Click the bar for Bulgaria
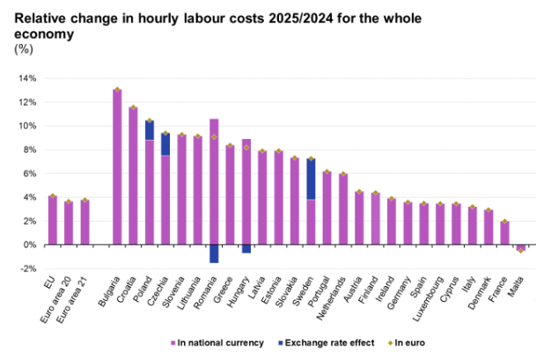coord(117,167)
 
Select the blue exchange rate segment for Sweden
coord(311,180)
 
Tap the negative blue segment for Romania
coord(214,253)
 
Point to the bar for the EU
coord(53,220)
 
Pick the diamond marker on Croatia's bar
coord(133,108)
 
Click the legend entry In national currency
coord(220,342)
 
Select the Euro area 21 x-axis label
coord(72,282)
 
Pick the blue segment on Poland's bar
coord(150,130)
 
